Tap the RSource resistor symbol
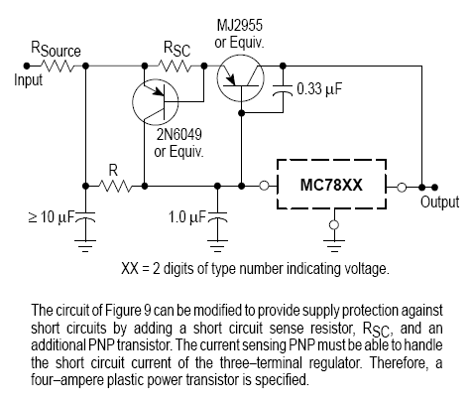coord(58,66)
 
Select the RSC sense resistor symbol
coord(175,66)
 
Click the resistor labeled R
coord(115,187)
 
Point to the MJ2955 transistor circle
coord(241,78)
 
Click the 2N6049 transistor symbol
coord(156,102)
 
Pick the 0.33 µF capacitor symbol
coord(283,90)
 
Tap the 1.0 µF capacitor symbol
coord(217,217)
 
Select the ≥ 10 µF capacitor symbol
coord(85,217)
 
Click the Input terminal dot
coord(27,66)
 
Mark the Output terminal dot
coord(435,188)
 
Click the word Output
coord(439,202)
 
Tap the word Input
coord(29,80)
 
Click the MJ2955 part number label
coord(240,25)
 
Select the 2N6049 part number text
coord(178,134)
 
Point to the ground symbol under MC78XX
coord(334,245)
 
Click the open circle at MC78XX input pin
coord(264,186)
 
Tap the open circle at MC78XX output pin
coord(402,188)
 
